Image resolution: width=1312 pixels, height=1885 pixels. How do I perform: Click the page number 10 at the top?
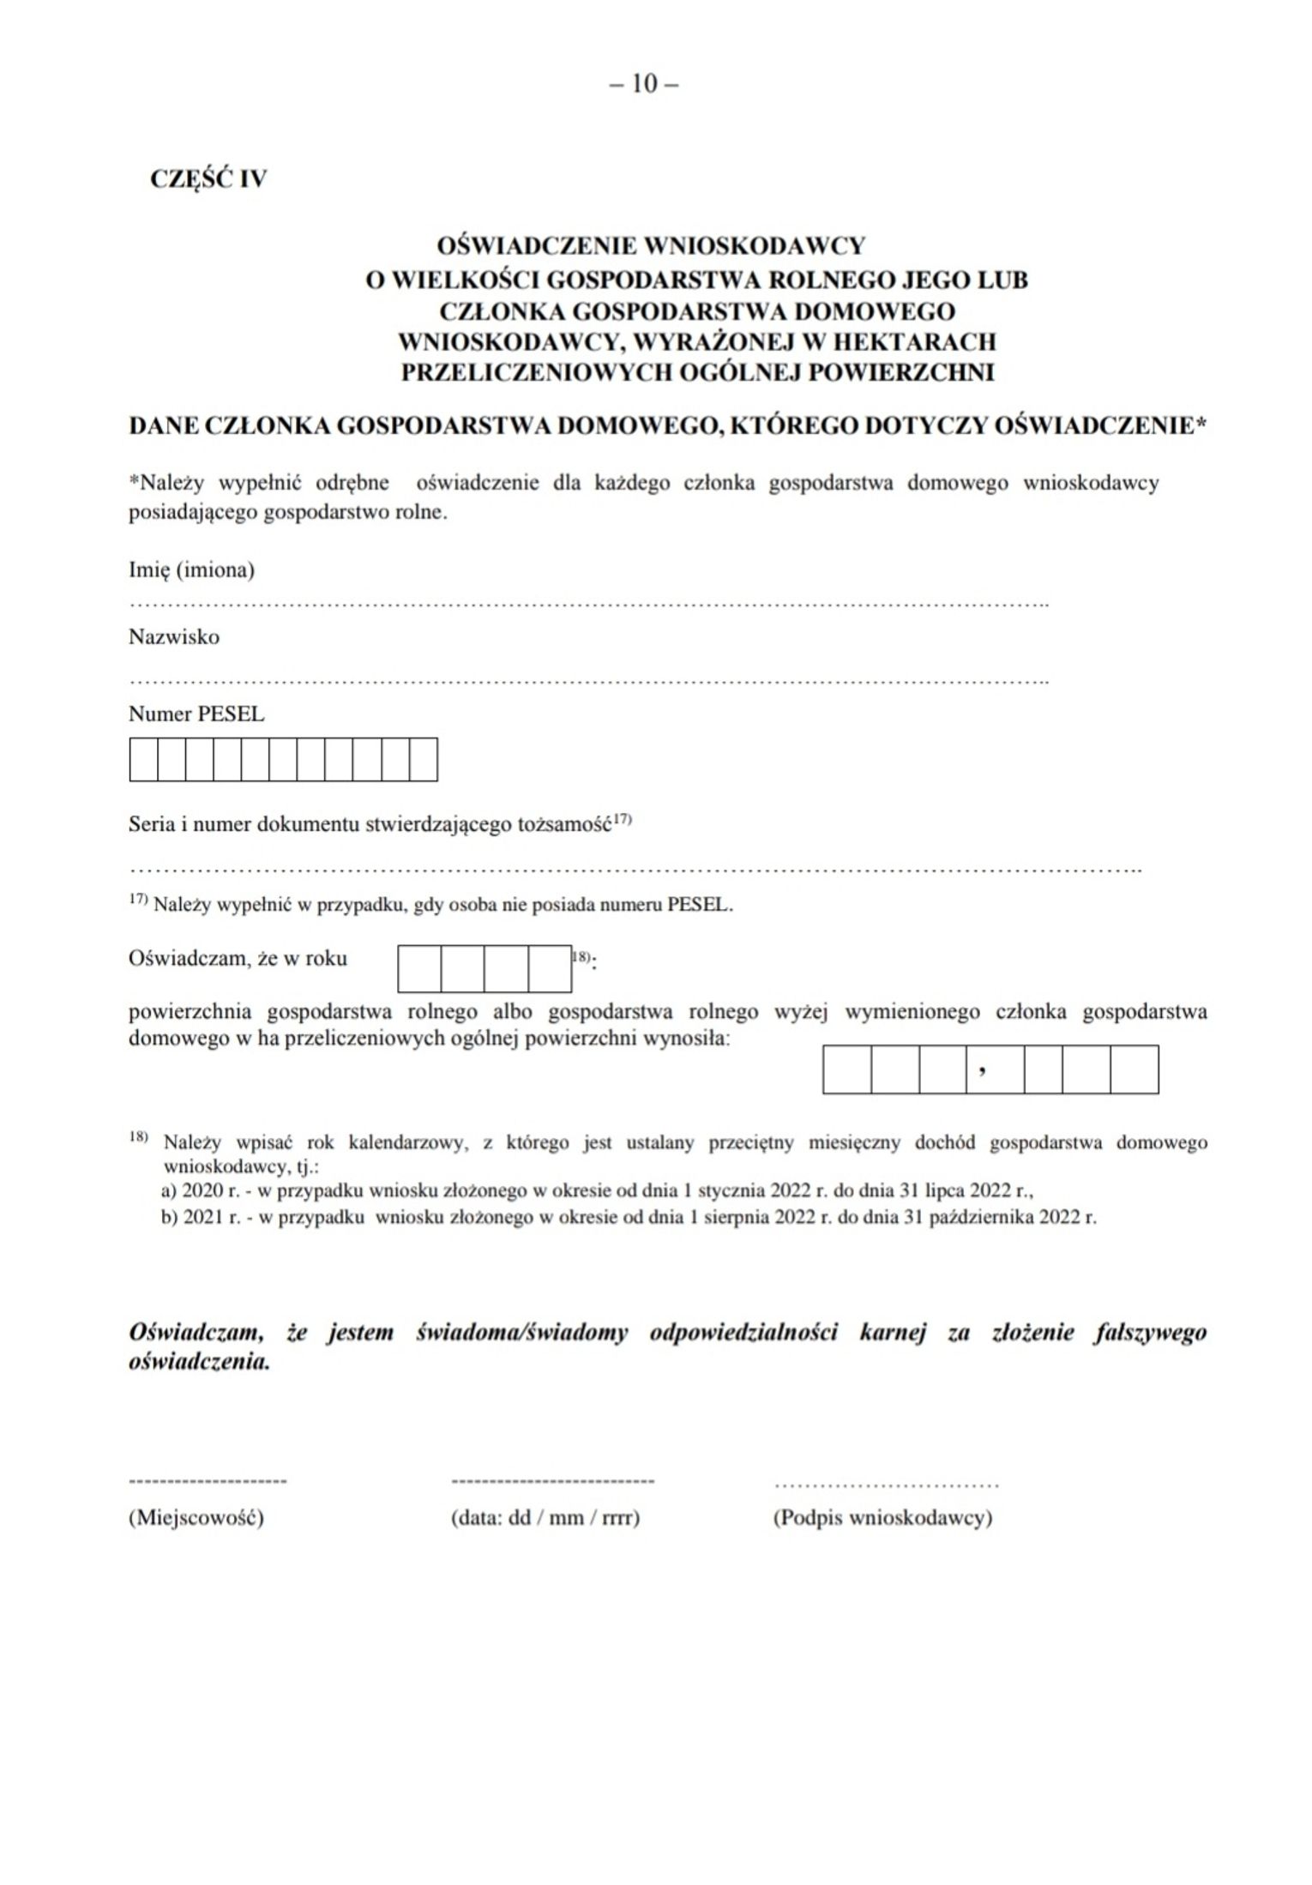(644, 84)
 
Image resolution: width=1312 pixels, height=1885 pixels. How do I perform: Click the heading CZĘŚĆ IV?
(208, 179)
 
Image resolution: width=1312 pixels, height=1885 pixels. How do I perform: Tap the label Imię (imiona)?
(191, 570)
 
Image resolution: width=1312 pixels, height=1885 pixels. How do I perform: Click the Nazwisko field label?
(174, 637)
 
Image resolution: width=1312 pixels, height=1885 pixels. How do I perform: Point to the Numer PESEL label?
(196, 714)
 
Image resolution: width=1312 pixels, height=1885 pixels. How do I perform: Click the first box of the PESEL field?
(144, 760)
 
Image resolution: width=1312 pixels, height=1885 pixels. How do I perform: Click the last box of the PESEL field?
(424, 760)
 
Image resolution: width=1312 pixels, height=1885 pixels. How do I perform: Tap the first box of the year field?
(420, 968)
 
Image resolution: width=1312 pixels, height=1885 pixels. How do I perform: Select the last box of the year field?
(550, 968)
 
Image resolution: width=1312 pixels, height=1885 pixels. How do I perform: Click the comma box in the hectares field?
(995, 1069)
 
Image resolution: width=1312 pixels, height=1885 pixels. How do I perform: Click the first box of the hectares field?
(847, 1069)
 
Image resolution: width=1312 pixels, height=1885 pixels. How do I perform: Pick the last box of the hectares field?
(1134, 1069)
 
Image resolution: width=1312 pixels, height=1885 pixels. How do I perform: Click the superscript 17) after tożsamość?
(622, 820)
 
